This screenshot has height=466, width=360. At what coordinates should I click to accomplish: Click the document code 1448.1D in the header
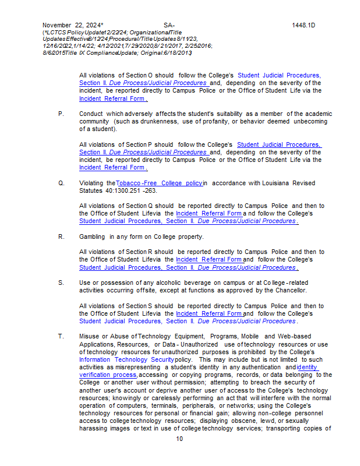303,25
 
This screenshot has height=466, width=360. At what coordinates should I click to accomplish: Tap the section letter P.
61,114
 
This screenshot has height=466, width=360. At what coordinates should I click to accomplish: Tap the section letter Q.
61,183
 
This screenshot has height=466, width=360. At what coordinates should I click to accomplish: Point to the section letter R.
61,236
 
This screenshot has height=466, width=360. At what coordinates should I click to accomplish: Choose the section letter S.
61,283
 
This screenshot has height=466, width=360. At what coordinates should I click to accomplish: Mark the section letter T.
61,336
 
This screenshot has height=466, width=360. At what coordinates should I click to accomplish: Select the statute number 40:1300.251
122,190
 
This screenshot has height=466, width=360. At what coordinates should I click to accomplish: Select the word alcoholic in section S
159,283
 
